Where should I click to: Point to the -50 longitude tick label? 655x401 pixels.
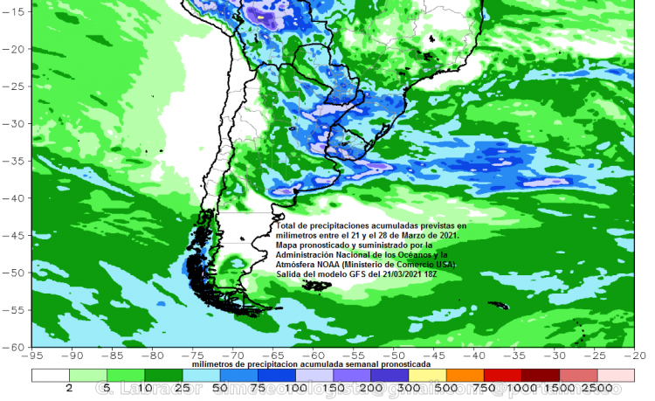click(395, 356)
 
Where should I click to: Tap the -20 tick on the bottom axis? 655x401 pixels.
click(635, 356)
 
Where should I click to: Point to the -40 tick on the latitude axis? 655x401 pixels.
click(17, 197)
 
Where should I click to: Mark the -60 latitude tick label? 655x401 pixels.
click(17, 346)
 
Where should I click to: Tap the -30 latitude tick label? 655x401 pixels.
click(17, 123)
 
